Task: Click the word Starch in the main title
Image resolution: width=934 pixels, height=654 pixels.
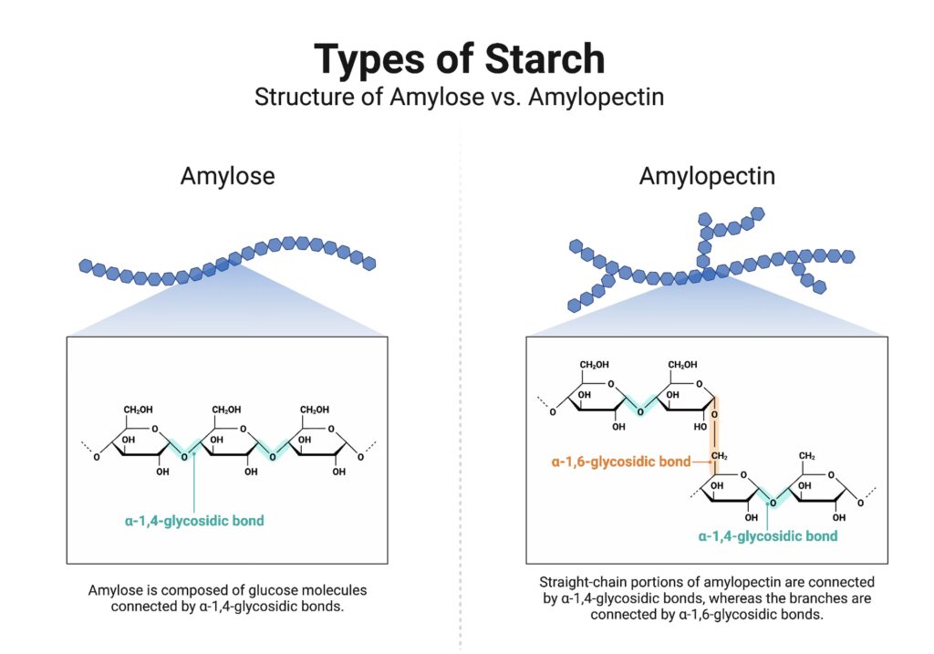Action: pos(545,59)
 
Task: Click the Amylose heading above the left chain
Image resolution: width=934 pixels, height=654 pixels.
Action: pos(227,176)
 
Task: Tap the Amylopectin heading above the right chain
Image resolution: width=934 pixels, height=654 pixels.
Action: pos(707,176)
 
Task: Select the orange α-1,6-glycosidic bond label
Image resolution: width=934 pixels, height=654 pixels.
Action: pos(620,462)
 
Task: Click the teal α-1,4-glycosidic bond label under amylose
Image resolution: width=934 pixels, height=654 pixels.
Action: pos(194,521)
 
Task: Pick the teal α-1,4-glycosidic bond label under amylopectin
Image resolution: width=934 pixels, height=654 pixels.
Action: pos(768,536)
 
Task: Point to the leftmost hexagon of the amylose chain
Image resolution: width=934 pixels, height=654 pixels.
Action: pos(86,265)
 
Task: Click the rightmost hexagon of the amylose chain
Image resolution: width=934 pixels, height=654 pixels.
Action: pos(369,262)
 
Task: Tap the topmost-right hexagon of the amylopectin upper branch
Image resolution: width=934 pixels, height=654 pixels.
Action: pos(758,213)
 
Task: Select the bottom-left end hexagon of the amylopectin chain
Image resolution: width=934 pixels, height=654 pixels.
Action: pos(575,305)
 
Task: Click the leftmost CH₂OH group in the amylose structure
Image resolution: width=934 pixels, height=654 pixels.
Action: pos(139,410)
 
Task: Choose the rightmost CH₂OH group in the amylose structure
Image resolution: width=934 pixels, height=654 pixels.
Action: pos(315,410)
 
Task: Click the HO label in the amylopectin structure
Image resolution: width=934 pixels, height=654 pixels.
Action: pos(700,427)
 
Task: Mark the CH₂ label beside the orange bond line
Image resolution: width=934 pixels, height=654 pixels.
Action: pos(720,456)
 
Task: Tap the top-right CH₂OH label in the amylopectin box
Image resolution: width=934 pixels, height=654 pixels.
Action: pos(682,365)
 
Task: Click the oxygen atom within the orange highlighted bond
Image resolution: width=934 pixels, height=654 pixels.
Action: pos(714,414)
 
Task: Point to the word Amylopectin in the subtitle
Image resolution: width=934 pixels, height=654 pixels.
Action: pos(596,97)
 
